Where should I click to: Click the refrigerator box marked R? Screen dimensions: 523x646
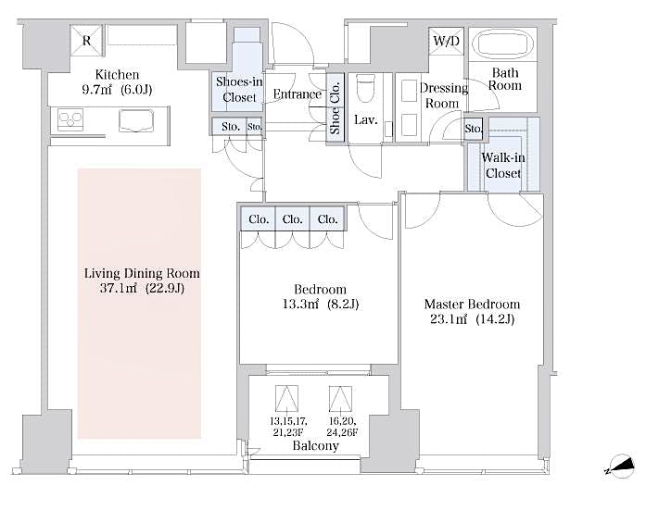coord(86,41)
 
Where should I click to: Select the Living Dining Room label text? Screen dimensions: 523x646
coord(142,280)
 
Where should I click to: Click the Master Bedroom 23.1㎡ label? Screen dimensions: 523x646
coord(472,311)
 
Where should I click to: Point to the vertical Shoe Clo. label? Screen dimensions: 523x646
coord(336,108)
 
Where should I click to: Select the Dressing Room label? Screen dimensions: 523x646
coord(441,95)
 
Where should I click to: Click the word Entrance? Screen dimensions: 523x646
coord(297,94)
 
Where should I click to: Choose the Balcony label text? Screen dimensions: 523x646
coord(315,445)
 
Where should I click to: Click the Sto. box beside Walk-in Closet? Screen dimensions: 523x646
coord(473,129)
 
